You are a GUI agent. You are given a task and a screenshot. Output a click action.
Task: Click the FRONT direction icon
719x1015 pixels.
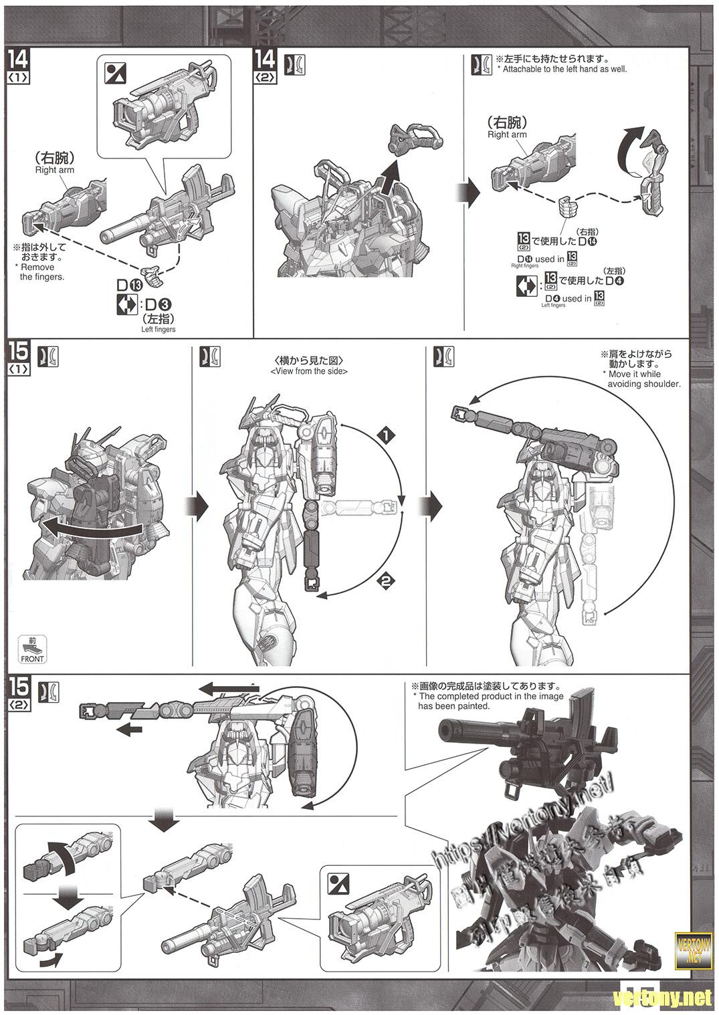click(x=32, y=649)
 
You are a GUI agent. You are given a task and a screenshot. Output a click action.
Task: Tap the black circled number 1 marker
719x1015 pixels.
click(x=385, y=435)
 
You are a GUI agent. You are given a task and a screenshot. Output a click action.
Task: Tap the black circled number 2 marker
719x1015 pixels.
click(x=385, y=581)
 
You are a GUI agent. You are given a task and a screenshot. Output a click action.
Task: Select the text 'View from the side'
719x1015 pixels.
click(x=309, y=371)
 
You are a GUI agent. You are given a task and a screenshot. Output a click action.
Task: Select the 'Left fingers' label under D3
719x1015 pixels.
click(x=158, y=329)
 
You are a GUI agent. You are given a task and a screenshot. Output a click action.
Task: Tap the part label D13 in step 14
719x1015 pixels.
click(x=131, y=285)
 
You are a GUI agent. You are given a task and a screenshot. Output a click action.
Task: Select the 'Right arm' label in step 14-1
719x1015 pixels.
click(x=55, y=170)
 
